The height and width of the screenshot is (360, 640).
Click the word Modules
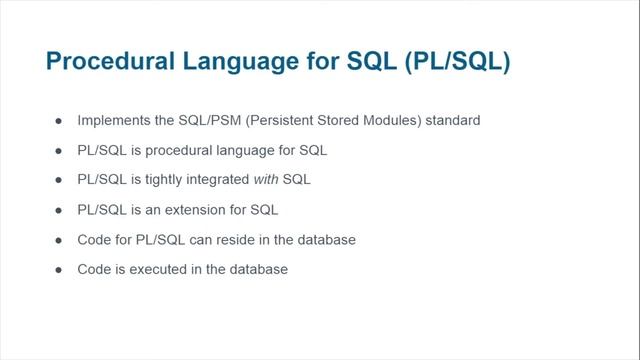tap(394, 120)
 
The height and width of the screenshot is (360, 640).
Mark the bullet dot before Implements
tap(58, 120)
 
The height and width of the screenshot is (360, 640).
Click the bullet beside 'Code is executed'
tap(58, 269)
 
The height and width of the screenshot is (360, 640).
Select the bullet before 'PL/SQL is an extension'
tap(58, 210)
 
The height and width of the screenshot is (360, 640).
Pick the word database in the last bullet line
tap(259, 269)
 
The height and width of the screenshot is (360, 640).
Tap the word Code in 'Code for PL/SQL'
tap(94, 240)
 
